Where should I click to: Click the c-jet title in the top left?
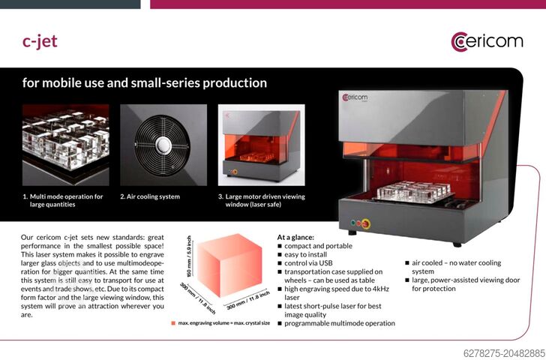(40, 41)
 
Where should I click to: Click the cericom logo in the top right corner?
(487, 40)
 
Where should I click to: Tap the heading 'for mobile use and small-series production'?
(144, 82)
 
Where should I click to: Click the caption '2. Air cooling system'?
(150, 196)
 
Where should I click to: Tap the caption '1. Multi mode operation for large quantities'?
(63, 200)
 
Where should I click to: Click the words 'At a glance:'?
(295, 236)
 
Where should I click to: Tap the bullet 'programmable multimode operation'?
(339, 323)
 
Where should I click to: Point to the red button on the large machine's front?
(365, 223)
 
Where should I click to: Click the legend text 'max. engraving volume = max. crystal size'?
(226, 323)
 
